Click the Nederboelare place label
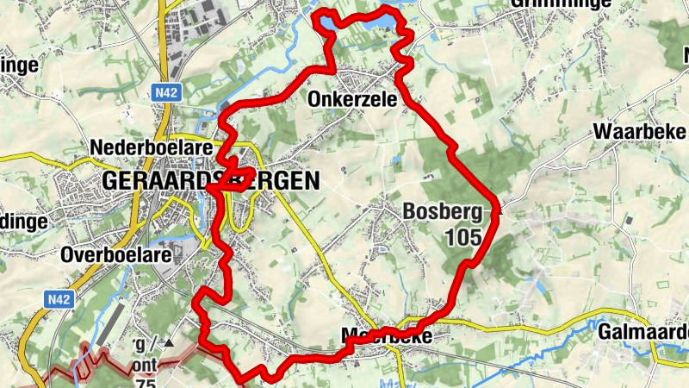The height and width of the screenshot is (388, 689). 151,147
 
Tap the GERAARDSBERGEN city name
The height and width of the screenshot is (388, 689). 210,181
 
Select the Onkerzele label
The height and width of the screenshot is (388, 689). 352,100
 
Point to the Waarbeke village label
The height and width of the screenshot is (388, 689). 639,132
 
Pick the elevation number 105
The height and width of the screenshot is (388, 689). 462,236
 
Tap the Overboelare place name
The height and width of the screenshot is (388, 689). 117,255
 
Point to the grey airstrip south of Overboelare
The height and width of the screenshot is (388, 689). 110,332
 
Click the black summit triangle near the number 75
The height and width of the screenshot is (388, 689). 169,343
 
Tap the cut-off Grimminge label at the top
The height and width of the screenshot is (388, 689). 551,3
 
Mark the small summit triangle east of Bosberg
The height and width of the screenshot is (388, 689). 500,207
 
